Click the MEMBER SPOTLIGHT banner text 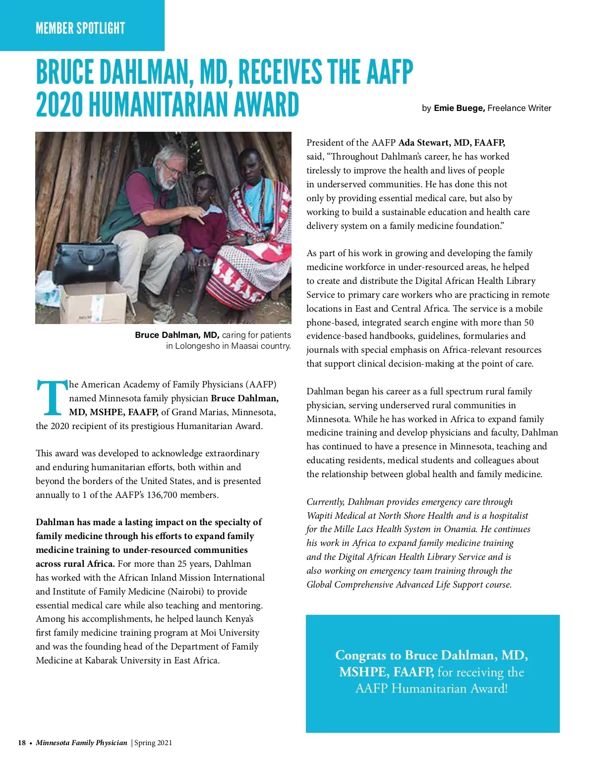pyautogui.click(x=80, y=28)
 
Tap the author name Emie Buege pyautogui.click(x=459, y=108)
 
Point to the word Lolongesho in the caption pyautogui.click(x=197, y=346)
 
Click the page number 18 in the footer pyautogui.click(x=22, y=743)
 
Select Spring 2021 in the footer pyautogui.click(x=153, y=743)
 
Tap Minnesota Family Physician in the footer pyautogui.click(x=81, y=743)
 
